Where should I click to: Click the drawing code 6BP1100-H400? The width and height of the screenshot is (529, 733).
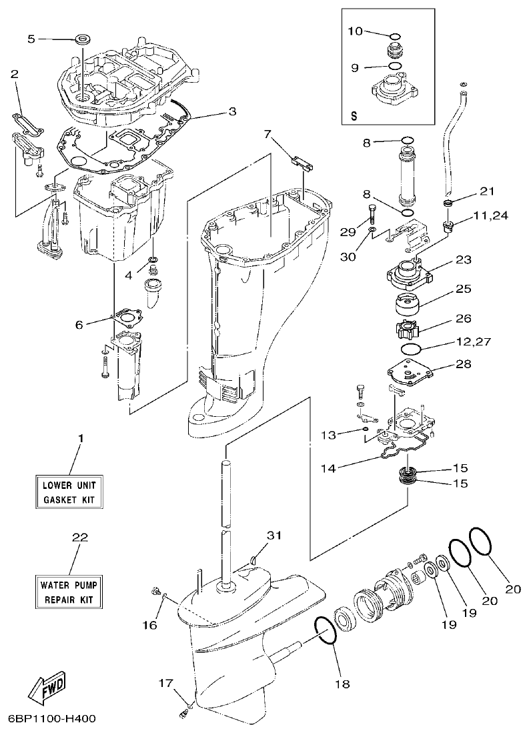coord(52,719)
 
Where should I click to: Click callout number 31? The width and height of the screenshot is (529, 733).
coord(274,536)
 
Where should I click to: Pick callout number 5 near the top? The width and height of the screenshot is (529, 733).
coord(31,39)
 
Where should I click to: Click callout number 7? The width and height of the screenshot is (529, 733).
coord(268,134)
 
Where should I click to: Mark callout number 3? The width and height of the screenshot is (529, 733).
coord(231,111)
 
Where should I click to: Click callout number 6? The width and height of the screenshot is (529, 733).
coord(79,325)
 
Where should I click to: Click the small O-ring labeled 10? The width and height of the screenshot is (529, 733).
coord(394,36)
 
